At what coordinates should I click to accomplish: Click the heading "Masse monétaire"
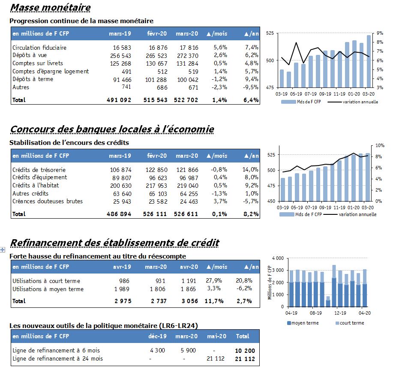click(x=51, y=8)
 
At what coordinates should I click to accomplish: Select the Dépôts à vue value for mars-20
click(x=187, y=56)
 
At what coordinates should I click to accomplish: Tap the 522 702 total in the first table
click(x=186, y=100)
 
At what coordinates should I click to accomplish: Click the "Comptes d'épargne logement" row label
click(x=51, y=72)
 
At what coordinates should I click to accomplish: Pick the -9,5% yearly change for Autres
click(x=251, y=87)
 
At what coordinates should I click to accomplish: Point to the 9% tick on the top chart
click(x=380, y=33)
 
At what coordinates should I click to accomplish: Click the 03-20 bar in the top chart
click(x=369, y=61)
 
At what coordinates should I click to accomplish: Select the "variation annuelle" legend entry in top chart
click(x=360, y=102)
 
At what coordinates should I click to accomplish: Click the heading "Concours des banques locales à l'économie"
click(x=112, y=129)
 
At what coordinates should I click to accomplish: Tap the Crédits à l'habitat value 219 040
click(x=187, y=186)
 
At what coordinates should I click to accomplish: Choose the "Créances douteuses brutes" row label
click(x=48, y=201)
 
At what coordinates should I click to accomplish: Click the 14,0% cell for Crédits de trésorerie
click(x=250, y=170)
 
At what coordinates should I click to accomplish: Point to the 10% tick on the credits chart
click(x=380, y=145)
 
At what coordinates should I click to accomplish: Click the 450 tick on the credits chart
click(x=271, y=201)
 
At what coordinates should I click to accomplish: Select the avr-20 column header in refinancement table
click(x=189, y=267)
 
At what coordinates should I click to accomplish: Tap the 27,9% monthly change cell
click(x=214, y=280)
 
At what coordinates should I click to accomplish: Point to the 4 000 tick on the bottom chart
click(x=278, y=258)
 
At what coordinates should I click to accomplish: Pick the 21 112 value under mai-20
click(x=216, y=359)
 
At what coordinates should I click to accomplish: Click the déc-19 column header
click(x=157, y=337)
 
